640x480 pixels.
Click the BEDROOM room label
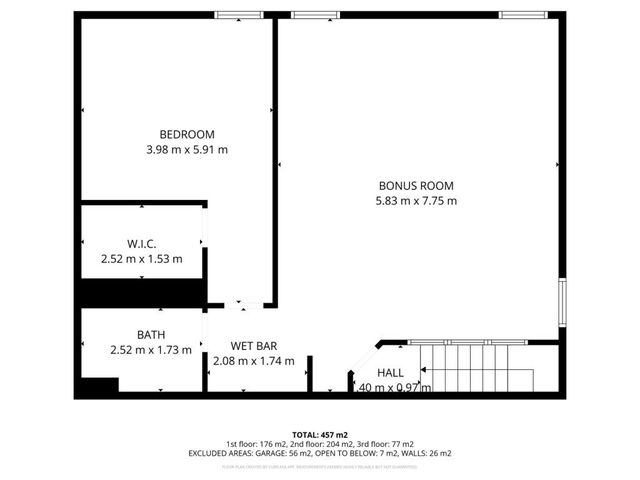click(x=187, y=135)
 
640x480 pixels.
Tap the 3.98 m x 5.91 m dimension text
click(x=187, y=150)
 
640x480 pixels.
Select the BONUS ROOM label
click(x=416, y=185)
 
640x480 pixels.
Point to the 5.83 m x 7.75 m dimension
click(x=416, y=200)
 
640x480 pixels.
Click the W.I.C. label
click(x=142, y=244)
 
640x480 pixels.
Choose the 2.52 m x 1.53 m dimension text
click(x=142, y=259)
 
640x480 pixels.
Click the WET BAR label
click(x=254, y=345)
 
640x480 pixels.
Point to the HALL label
click(x=391, y=372)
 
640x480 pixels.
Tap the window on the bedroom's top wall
click(x=239, y=15)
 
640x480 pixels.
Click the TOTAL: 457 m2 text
click(x=320, y=435)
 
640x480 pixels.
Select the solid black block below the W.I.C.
click(x=142, y=292)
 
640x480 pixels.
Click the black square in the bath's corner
click(x=99, y=385)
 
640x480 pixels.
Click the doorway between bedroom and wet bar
click(x=238, y=304)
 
